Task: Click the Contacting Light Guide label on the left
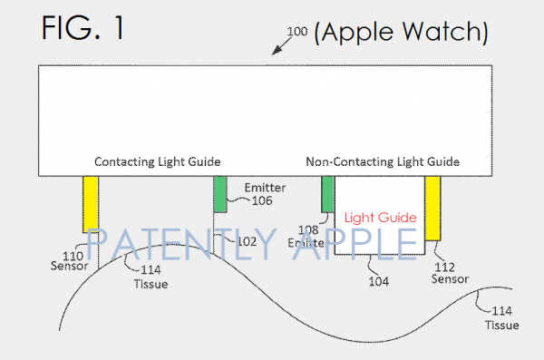pyautogui.click(x=158, y=161)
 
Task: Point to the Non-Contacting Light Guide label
pyautogui.click(x=383, y=161)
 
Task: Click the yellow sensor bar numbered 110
pyautogui.click(x=91, y=204)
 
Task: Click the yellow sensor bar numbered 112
pyautogui.click(x=432, y=208)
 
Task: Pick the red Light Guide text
pyautogui.click(x=381, y=218)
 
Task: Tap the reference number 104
pyautogui.click(x=379, y=281)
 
